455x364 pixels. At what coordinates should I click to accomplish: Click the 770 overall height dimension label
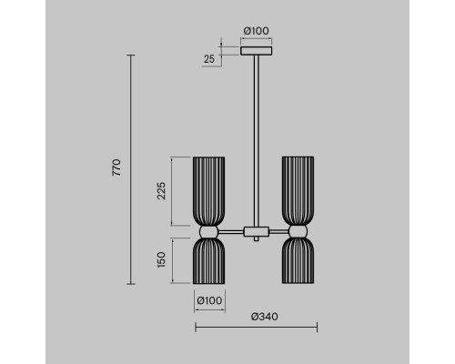point(116,167)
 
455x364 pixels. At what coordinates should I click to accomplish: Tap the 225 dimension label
point(161,191)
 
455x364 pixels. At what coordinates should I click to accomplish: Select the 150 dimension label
point(161,259)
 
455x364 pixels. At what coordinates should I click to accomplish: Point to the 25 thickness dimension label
point(209,59)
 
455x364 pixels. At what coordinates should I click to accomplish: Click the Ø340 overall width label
point(265,317)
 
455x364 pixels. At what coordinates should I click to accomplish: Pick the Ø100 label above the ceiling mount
point(257,31)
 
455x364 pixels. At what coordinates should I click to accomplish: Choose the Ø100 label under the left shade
point(209,300)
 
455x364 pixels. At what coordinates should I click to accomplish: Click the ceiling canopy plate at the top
point(257,51)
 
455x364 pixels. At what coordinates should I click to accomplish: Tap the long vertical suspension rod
point(257,141)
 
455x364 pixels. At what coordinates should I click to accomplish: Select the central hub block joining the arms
point(257,232)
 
